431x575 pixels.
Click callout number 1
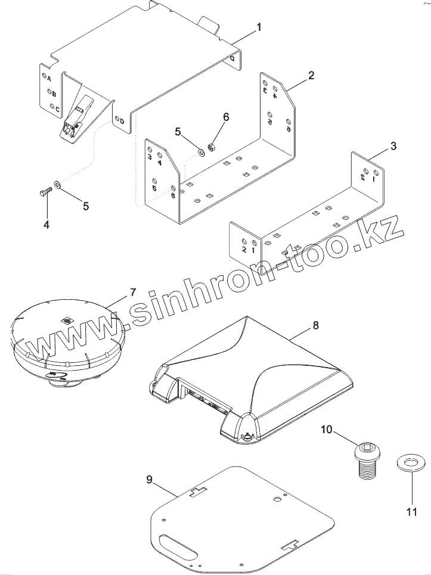259,27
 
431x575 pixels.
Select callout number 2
311,75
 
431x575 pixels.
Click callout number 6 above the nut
225,117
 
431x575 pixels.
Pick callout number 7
133,292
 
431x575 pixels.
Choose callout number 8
315,325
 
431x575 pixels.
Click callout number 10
327,429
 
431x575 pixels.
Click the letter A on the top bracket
49,79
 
